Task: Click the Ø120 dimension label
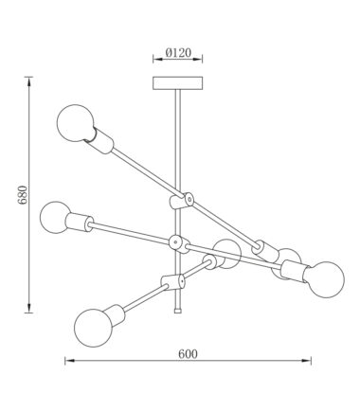point(178,53)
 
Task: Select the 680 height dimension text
point(23,195)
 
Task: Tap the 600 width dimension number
point(188,354)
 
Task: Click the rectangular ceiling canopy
point(177,83)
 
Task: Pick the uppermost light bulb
point(75,123)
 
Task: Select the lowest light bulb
point(93,328)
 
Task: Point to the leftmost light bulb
point(55,217)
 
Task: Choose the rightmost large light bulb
point(326,279)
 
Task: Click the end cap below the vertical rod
point(178,311)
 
